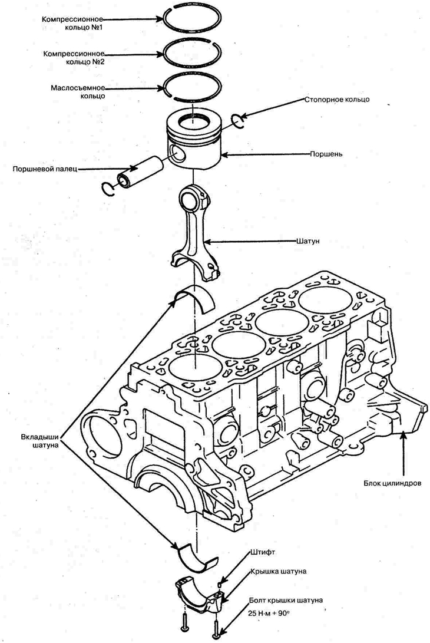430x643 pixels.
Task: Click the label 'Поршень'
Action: tap(326, 154)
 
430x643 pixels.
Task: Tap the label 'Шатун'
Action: tap(307, 242)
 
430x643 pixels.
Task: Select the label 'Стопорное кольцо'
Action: tap(337, 100)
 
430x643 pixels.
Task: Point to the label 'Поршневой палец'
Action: tap(45, 169)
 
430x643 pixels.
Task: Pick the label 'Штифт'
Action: tap(262, 552)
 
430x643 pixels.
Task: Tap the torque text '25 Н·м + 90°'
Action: tap(269, 614)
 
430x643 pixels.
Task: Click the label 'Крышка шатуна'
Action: tap(279, 571)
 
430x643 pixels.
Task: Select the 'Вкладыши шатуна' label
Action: tap(39, 441)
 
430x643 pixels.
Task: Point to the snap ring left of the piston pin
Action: tap(107, 189)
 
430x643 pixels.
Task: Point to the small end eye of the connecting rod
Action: tap(192, 198)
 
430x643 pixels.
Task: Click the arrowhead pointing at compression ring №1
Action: tap(163, 18)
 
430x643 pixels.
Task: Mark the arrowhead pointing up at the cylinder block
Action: tap(405, 435)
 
